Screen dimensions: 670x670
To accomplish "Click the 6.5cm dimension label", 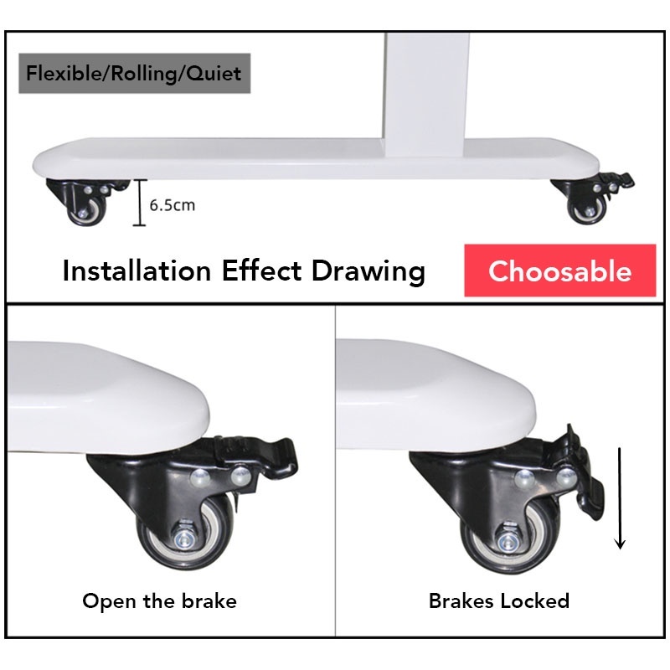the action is (x=173, y=205).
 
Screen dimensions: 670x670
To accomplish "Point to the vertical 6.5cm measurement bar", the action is (x=140, y=203).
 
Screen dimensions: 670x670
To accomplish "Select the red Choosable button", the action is (x=559, y=271).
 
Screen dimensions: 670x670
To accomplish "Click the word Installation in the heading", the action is (x=137, y=271).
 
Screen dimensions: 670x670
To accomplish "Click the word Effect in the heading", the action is (x=261, y=271).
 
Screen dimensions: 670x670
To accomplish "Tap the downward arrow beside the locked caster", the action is (x=620, y=498).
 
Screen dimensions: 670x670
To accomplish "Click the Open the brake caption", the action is (x=159, y=600).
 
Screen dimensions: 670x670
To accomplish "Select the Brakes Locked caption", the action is (x=499, y=600).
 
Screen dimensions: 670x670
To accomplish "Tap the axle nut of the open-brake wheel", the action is (x=184, y=539).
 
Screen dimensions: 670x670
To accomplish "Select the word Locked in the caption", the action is (x=534, y=600).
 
